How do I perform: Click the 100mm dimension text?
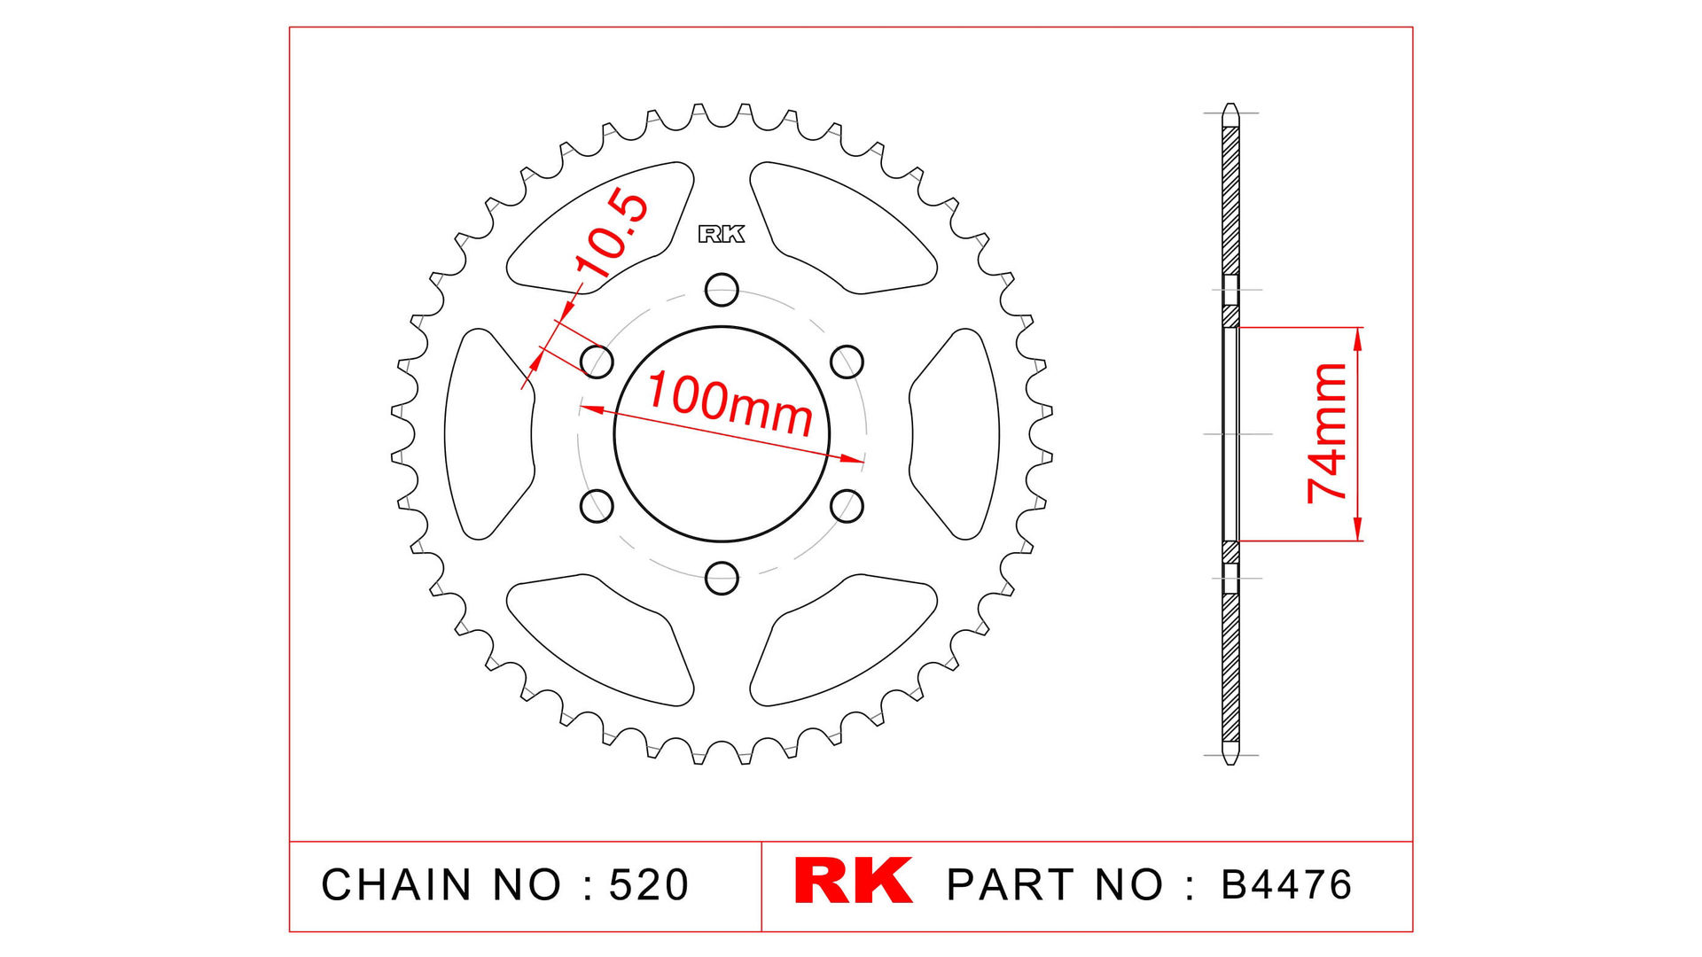[729, 404]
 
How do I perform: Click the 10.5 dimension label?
[612, 233]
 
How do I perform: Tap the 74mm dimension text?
[1327, 433]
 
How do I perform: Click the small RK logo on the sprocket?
[722, 234]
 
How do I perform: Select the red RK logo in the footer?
[853, 881]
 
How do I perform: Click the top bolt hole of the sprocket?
[722, 289]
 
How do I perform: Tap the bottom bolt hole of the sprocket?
[722, 578]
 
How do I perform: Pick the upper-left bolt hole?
[597, 362]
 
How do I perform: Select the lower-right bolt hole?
[847, 506]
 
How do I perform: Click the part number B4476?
[1286, 885]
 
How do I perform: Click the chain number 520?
[648, 885]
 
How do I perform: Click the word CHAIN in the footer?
[396, 885]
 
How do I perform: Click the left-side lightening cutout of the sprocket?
[488, 434]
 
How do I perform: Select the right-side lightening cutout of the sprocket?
[956, 434]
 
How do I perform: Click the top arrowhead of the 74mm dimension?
[1358, 335]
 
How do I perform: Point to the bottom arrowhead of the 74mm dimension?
[1358, 533]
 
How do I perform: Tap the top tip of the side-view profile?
[1230, 106]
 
